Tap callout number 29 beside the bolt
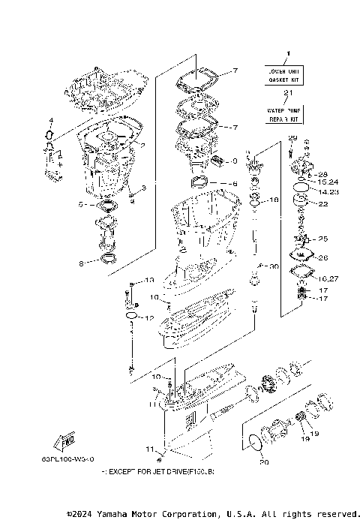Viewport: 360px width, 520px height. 292,137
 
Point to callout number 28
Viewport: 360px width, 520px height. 323,174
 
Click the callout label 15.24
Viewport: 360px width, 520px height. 328,182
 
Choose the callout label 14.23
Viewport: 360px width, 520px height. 328,192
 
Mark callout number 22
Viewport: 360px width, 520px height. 323,204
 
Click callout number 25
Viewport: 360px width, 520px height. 323,239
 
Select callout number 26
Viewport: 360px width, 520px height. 323,257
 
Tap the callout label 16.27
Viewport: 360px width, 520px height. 328,278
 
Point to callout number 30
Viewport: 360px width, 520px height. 274,266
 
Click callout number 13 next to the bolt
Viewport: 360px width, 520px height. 149,280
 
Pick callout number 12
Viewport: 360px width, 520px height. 148,318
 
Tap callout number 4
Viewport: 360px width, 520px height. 51,121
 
